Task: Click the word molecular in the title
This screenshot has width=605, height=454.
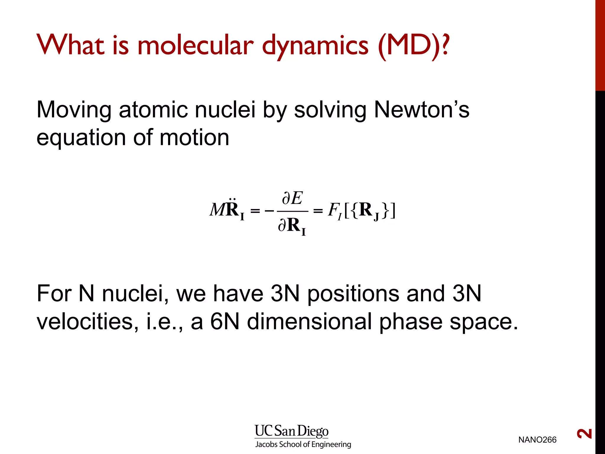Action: (x=195, y=46)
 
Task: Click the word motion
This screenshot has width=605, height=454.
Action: (x=194, y=138)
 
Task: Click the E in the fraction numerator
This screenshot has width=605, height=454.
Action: (x=296, y=198)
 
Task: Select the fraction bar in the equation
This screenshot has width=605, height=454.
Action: (x=292, y=211)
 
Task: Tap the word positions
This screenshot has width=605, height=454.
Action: (x=353, y=294)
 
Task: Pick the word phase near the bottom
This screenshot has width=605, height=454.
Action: (x=411, y=322)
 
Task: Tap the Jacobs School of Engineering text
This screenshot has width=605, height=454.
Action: (x=303, y=444)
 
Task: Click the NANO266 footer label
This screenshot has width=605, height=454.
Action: (x=537, y=440)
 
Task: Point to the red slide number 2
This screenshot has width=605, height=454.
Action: (x=584, y=434)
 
